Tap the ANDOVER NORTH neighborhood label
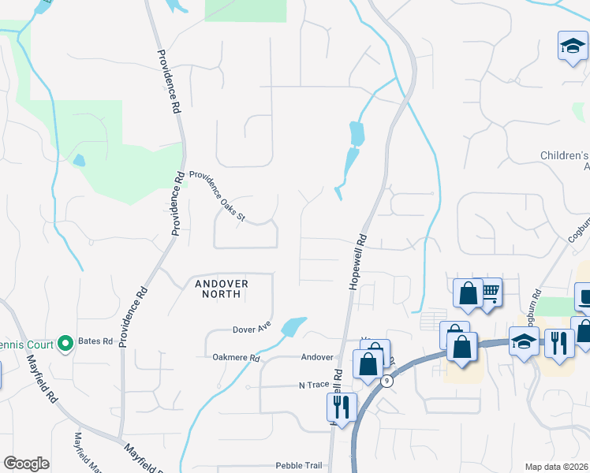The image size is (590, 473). coord(217,289)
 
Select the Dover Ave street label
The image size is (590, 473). coord(252,328)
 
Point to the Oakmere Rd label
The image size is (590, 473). coord(236,357)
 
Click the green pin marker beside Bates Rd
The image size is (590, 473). coord(66,343)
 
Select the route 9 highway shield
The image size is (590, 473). coord(386,382)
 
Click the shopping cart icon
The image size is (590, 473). coord(490,293)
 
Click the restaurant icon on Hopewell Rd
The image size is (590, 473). coord(342,407)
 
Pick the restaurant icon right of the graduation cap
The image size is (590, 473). coord(559,344)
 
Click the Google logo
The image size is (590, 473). coord(26,464)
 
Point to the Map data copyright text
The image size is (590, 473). coord(557,467)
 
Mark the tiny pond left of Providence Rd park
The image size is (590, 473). coord(78,160)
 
